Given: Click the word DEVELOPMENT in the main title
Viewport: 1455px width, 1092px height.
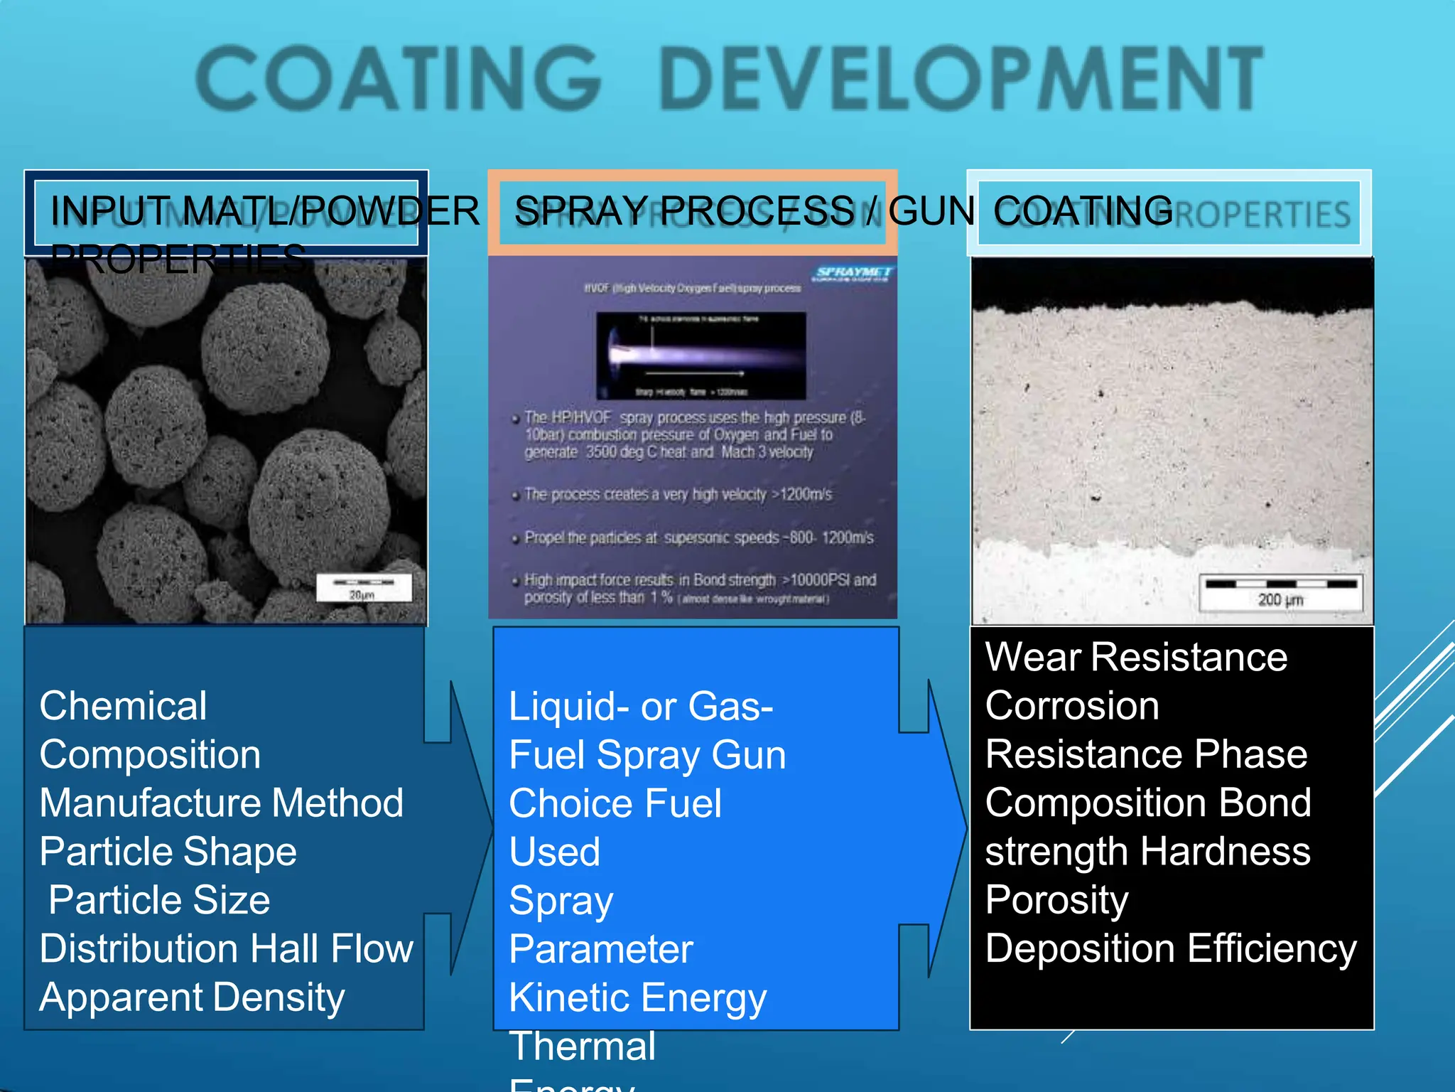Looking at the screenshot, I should tap(961, 78).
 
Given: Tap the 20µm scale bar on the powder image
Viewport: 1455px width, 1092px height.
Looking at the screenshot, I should tap(363, 587).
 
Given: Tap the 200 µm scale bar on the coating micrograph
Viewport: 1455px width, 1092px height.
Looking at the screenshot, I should tap(1280, 591).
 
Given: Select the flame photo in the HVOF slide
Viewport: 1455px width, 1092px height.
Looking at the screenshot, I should tap(701, 355).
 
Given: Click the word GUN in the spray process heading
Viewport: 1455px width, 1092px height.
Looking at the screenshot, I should tap(931, 211).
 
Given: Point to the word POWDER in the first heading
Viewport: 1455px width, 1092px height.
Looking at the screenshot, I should tap(389, 211).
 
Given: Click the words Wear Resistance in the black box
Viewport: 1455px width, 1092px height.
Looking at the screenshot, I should tap(1135, 656).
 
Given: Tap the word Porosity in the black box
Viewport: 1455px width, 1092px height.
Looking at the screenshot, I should tap(1056, 900).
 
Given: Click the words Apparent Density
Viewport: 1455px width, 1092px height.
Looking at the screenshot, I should tap(192, 997).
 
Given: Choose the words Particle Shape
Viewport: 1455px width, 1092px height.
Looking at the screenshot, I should tap(168, 851).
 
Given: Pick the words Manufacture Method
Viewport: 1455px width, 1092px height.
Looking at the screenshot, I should tap(221, 803).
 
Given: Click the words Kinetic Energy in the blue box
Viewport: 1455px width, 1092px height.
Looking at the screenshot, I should tap(637, 997).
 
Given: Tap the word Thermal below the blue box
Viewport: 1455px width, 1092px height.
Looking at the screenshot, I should tap(583, 1046).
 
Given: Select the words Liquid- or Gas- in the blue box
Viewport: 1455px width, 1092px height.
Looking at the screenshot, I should tap(641, 706).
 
